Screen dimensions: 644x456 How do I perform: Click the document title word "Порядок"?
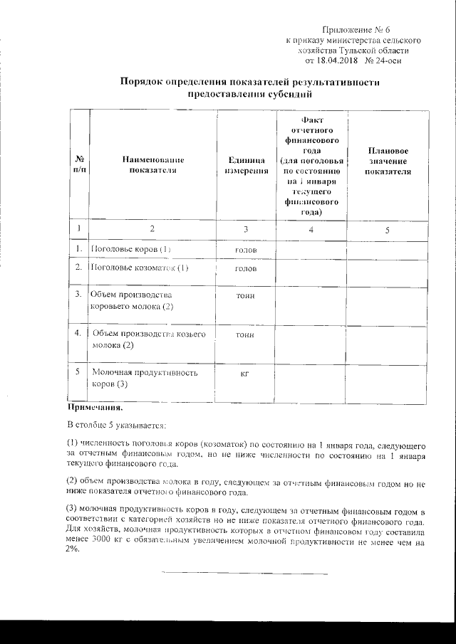(x=142, y=83)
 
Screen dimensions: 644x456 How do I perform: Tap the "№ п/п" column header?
(x=80, y=166)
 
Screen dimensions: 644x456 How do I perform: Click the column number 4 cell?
(x=310, y=229)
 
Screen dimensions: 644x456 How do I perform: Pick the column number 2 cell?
(x=152, y=229)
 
